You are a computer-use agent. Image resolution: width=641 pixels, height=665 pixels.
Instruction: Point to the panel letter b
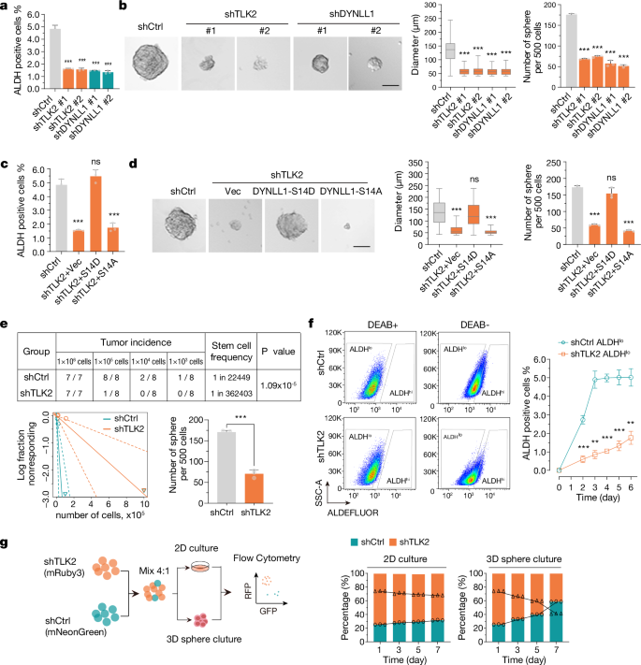tap(124, 7)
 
